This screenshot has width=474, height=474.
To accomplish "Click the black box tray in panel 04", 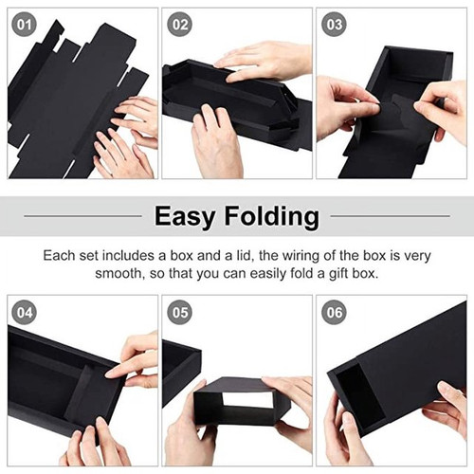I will [x=57, y=379].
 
